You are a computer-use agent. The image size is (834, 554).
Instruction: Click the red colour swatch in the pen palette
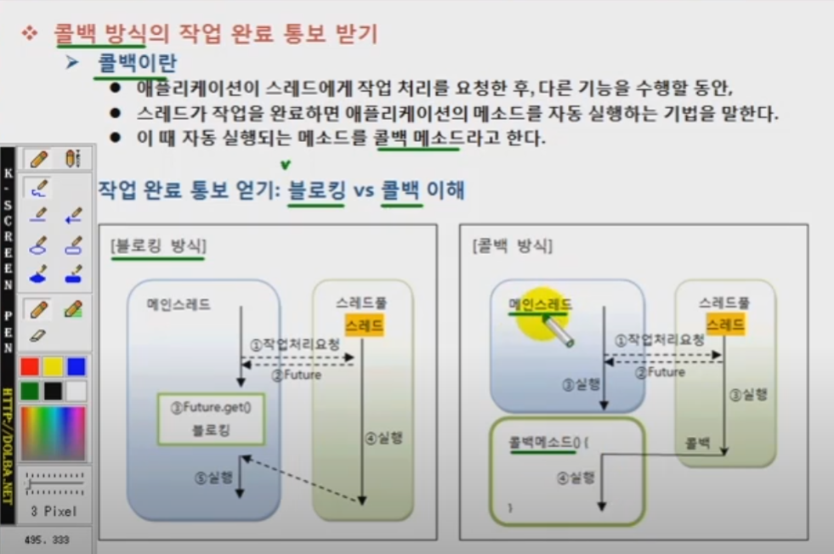tap(31, 366)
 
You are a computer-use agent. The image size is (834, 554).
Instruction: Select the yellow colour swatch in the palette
tap(54, 366)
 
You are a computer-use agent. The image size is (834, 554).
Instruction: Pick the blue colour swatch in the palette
tap(77, 366)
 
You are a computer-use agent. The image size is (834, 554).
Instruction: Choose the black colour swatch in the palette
tap(54, 390)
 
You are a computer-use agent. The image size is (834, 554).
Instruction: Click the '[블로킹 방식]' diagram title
tap(158, 246)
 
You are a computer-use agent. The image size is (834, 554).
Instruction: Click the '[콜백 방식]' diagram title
tap(512, 246)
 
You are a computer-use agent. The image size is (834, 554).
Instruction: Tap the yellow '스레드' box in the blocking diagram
tap(364, 325)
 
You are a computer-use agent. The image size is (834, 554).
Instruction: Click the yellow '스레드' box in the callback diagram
tap(726, 324)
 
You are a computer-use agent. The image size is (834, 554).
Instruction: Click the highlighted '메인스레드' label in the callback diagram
tap(540, 303)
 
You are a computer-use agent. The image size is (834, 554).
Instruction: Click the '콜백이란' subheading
tap(138, 63)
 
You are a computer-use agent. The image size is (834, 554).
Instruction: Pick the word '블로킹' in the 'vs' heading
tap(317, 190)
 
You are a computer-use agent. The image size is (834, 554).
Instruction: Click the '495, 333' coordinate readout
tap(47, 540)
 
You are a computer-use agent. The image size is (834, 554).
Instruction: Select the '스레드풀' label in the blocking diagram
tap(363, 302)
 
